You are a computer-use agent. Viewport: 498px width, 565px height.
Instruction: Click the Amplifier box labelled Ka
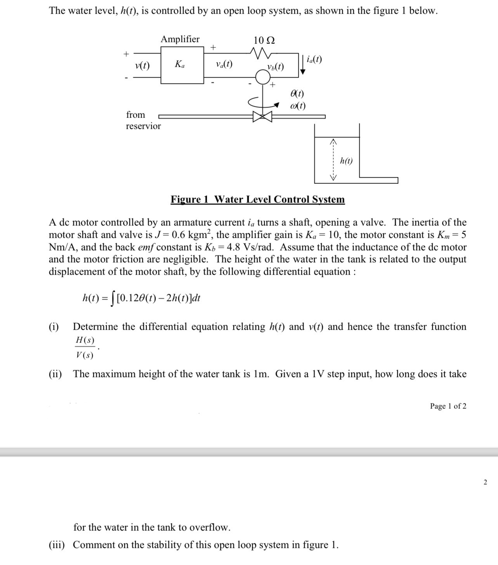click(182, 65)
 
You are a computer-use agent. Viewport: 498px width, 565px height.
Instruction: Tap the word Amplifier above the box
click(180, 39)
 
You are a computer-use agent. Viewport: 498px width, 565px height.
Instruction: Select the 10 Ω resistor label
click(264, 40)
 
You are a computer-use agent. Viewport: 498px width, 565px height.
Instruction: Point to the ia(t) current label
click(314, 59)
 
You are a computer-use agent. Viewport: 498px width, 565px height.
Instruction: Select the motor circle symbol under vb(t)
click(263, 78)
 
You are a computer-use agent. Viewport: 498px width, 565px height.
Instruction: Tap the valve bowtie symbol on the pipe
click(262, 116)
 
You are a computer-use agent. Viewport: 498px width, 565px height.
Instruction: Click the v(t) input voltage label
click(142, 66)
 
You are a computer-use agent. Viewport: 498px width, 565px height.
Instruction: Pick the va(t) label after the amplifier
click(224, 64)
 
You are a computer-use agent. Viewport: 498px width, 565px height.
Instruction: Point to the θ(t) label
click(297, 93)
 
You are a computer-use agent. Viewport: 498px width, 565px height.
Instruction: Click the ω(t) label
click(297, 105)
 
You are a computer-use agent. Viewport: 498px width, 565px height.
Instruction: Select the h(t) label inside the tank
click(346, 161)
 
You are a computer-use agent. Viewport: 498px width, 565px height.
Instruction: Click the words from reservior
click(143, 120)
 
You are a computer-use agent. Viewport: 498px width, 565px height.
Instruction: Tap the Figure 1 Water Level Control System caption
click(257, 199)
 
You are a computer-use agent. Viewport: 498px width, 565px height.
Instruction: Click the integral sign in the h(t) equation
click(113, 299)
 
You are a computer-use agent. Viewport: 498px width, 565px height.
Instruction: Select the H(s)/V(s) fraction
click(85, 347)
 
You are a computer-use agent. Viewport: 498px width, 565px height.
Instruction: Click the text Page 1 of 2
click(448, 406)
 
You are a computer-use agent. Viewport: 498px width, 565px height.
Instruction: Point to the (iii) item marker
click(57, 545)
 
